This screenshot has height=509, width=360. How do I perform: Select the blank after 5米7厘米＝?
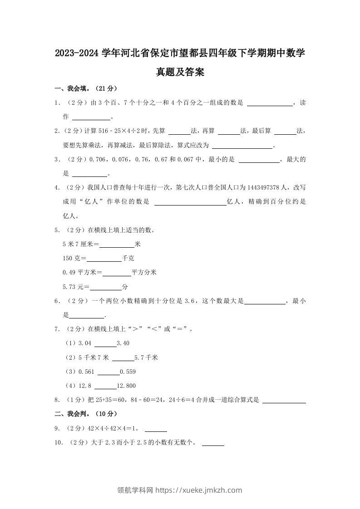coord(117,245)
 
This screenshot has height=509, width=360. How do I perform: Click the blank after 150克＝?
coord(104,259)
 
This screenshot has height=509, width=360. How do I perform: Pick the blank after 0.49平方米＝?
coord(117,273)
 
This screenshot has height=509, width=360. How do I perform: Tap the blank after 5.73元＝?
coord(106,287)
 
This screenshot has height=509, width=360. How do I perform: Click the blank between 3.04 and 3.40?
coord(105,343)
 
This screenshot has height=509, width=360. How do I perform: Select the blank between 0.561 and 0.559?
coord(108,372)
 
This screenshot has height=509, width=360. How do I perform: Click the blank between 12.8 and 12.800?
coord(105,386)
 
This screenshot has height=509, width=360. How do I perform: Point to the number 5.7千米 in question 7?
coord(146,358)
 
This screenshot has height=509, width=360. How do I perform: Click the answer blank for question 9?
coord(156,428)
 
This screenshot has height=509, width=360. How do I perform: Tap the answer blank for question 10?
coord(213,443)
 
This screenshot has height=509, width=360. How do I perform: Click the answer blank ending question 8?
coord(284,400)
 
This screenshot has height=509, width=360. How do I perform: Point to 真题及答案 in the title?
coord(180,72)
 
